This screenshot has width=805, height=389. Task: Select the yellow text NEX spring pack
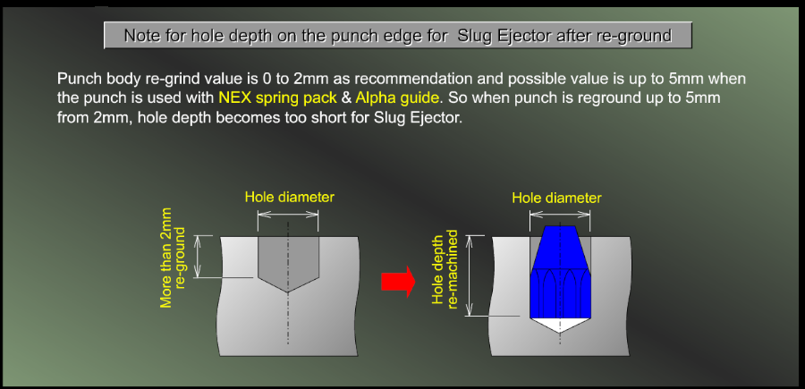click(x=277, y=97)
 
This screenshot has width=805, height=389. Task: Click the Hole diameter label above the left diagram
click(x=289, y=197)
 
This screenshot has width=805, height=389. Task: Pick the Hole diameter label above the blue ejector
click(x=556, y=199)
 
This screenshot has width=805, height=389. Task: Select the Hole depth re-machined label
click(x=445, y=269)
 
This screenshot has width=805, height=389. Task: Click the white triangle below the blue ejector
click(x=560, y=325)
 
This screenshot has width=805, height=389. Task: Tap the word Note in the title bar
click(x=140, y=36)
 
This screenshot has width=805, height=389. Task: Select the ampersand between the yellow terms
click(x=346, y=97)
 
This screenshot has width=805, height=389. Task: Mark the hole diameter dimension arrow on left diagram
click(x=288, y=215)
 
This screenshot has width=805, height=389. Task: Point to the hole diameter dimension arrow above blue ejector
click(x=560, y=215)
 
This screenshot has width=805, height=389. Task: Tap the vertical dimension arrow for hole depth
click(x=468, y=275)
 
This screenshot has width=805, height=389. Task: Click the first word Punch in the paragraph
click(x=75, y=79)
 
